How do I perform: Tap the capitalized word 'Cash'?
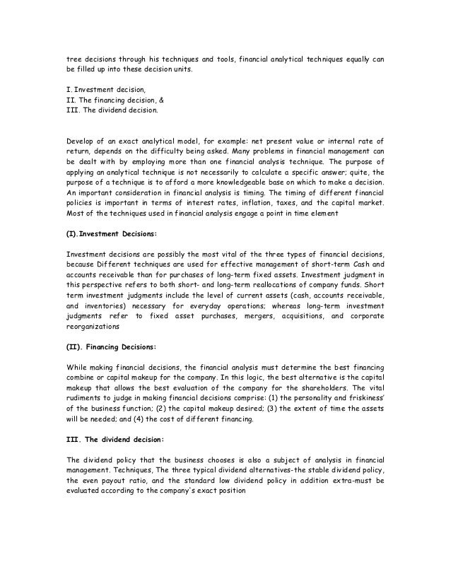click(x=374, y=245)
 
